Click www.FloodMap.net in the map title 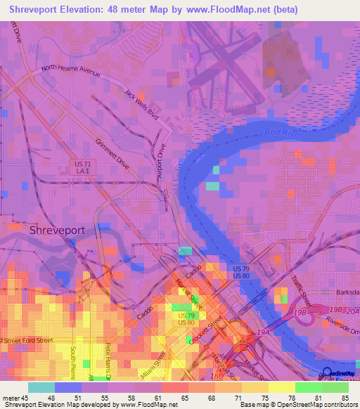click(x=240, y=10)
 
